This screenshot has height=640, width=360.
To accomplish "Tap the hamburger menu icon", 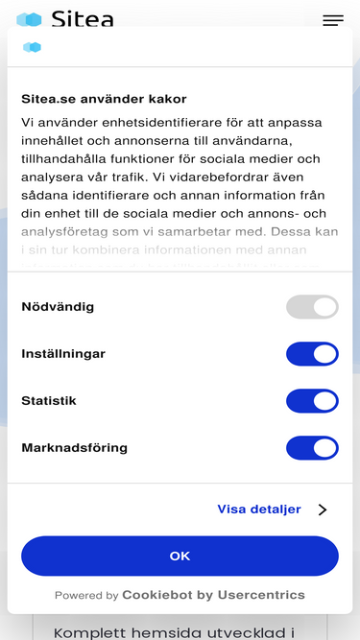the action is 333,20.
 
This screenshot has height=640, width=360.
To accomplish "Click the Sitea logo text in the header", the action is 83,19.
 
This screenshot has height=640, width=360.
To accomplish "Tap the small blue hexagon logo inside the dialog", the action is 32,47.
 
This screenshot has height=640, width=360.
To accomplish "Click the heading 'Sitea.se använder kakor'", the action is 104,99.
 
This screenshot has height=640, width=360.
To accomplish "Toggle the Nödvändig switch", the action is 312,307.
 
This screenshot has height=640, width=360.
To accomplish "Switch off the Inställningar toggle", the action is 312,354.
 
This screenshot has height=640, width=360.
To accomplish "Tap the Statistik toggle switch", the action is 312,401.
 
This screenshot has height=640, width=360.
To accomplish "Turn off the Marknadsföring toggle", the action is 312,448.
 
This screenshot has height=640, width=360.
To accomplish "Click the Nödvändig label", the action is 58,307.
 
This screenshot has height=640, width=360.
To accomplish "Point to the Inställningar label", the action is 63,354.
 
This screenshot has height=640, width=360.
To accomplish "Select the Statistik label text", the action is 49,401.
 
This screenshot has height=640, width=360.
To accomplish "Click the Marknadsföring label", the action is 74,448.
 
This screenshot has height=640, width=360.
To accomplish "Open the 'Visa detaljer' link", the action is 259,510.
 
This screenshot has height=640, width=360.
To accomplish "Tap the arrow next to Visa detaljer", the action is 323,510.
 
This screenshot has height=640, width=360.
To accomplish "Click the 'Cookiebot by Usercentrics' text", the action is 213,595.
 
